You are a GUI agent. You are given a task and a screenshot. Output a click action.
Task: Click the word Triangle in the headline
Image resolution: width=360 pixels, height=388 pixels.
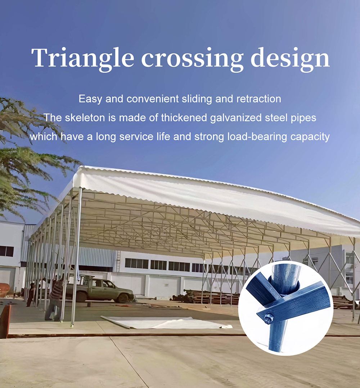click(x=82, y=58)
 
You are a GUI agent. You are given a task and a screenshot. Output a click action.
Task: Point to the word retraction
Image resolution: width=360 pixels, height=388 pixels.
click(x=259, y=99)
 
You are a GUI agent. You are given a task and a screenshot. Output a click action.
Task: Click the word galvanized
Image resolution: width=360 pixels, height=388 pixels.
click(x=236, y=118)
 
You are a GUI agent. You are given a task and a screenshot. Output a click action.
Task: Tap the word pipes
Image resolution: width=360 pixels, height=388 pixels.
click(x=303, y=118)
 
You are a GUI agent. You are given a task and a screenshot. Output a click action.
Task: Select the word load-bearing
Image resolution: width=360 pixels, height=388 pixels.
click(x=257, y=137)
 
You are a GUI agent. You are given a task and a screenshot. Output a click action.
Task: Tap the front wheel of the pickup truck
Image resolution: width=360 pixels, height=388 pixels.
click(x=123, y=298)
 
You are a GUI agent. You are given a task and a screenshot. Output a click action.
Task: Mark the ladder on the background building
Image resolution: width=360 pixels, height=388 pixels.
click(x=118, y=261)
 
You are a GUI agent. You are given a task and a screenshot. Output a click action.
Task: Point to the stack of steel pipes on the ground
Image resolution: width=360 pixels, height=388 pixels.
click(x=206, y=297)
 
